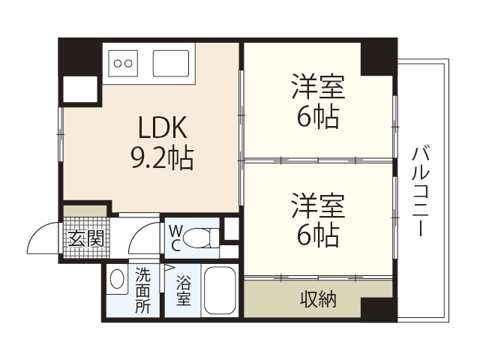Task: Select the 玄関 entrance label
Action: point(85,239)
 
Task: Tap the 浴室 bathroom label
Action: point(183,291)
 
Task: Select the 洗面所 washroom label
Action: point(142,291)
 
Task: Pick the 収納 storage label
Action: point(318,300)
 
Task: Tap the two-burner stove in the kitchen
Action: point(123,63)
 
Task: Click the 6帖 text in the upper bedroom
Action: point(318,116)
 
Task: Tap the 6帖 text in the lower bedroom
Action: point(318,235)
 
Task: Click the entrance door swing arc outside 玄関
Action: point(40,238)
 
